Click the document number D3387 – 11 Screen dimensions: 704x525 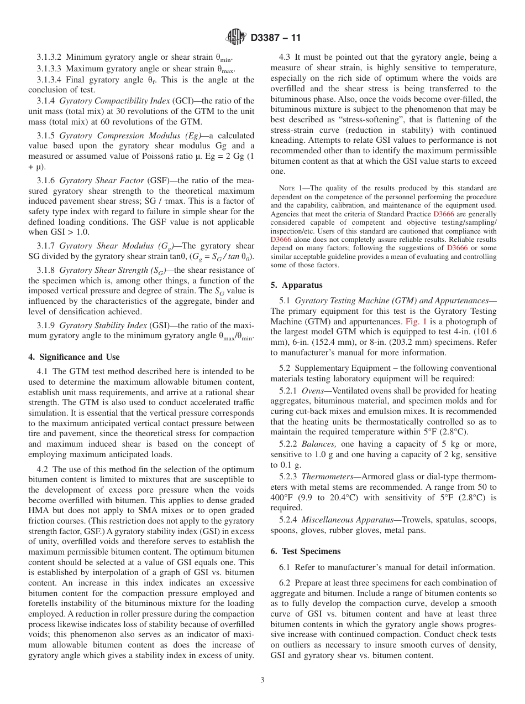pos(275,38)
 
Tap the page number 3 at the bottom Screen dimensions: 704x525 pos(262,680)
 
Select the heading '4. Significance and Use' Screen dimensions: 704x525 pos(73,357)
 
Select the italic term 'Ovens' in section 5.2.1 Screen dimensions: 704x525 pos(313,391)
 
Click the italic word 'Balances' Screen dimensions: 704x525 pos(319,444)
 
